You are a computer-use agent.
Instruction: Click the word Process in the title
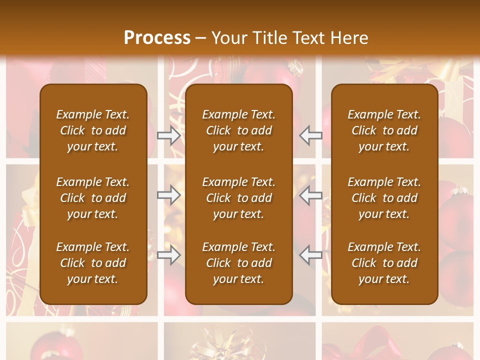click(x=157, y=38)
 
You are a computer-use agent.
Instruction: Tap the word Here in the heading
click(x=348, y=38)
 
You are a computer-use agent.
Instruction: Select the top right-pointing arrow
click(x=168, y=135)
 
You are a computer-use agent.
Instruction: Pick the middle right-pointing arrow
click(x=168, y=195)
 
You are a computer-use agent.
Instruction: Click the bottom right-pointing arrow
click(x=168, y=255)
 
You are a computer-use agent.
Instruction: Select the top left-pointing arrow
click(x=311, y=135)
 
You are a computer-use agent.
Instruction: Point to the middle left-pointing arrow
click(x=311, y=195)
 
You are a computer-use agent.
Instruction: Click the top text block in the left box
click(x=93, y=130)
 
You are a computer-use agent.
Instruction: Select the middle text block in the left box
click(x=93, y=198)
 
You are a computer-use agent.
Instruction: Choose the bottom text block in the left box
click(x=93, y=263)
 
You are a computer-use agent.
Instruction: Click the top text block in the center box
click(x=239, y=130)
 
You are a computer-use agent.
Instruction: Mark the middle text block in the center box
click(x=239, y=198)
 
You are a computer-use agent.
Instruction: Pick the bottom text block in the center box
click(x=239, y=263)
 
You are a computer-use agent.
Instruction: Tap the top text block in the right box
click(x=384, y=130)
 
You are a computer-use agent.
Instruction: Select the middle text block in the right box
click(x=384, y=198)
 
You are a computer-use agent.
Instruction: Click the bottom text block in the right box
click(x=384, y=263)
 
